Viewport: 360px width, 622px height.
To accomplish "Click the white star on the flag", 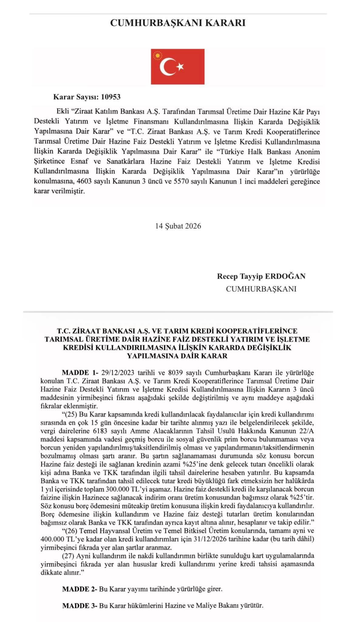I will click(180, 67).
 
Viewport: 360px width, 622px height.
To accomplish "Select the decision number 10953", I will click(111, 97).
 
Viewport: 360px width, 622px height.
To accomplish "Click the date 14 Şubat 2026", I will click(178, 226).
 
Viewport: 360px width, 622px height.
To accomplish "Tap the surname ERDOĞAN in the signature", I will click(285, 276).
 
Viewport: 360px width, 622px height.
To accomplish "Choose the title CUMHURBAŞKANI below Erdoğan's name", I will click(261, 289).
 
